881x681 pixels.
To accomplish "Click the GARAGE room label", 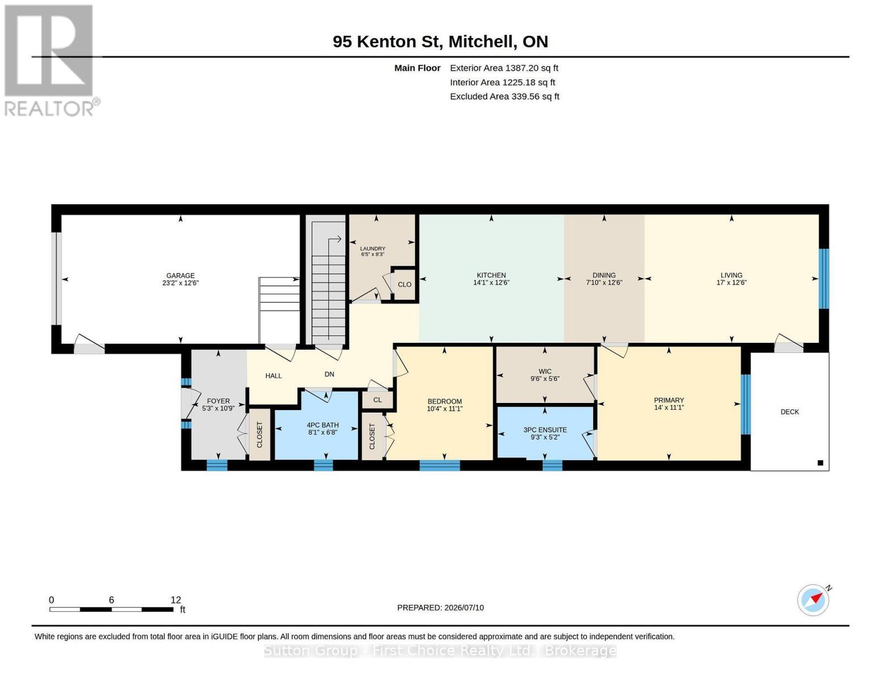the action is pos(180,275).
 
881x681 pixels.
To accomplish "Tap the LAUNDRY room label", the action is pos(373,249).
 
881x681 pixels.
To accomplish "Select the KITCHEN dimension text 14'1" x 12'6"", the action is pos(491,283).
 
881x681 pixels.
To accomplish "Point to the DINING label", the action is pos(604,275).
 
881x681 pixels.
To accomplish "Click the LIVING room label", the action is pos(731,275).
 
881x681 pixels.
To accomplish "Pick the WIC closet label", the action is pos(545,371).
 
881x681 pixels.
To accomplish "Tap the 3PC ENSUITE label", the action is pos(545,430).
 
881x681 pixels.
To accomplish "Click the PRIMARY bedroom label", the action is pos(669,400).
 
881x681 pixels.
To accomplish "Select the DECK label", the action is pos(789,411).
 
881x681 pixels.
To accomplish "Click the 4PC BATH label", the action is pos(322,425).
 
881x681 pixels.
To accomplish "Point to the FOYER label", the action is pos(218,401).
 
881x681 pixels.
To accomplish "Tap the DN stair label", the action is pos(329,374).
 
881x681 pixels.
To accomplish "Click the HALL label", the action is pos(273,376).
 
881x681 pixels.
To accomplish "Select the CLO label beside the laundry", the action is pos(404,284).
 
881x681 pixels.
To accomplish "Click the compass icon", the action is pos(813,600).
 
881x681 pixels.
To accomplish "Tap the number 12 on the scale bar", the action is pos(175,600).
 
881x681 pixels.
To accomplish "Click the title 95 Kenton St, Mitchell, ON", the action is pos(440,41).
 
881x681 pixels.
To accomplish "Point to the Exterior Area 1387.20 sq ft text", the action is pos(504,68).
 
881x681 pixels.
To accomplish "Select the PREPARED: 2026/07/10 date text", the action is pos(440,608).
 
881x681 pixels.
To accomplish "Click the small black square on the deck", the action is pos(820,463).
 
